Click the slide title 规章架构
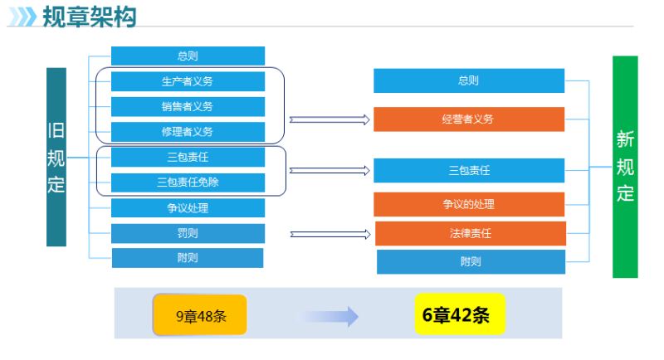point(90,17)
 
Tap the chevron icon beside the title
point(23,17)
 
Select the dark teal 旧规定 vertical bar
point(56,157)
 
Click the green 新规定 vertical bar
point(625,167)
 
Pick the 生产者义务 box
point(188,81)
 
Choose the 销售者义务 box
point(188,107)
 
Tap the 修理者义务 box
point(188,132)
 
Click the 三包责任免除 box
point(188,182)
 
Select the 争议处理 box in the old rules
point(188,207)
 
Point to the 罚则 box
point(188,234)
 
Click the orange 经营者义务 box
point(469,119)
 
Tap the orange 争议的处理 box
point(469,204)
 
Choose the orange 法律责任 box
point(471,234)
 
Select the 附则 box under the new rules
point(471,262)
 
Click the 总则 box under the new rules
point(469,80)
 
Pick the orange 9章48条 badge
point(200,315)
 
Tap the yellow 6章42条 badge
point(460,314)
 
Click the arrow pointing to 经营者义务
point(330,120)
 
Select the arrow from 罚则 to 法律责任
point(330,235)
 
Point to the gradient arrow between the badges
point(331,316)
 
